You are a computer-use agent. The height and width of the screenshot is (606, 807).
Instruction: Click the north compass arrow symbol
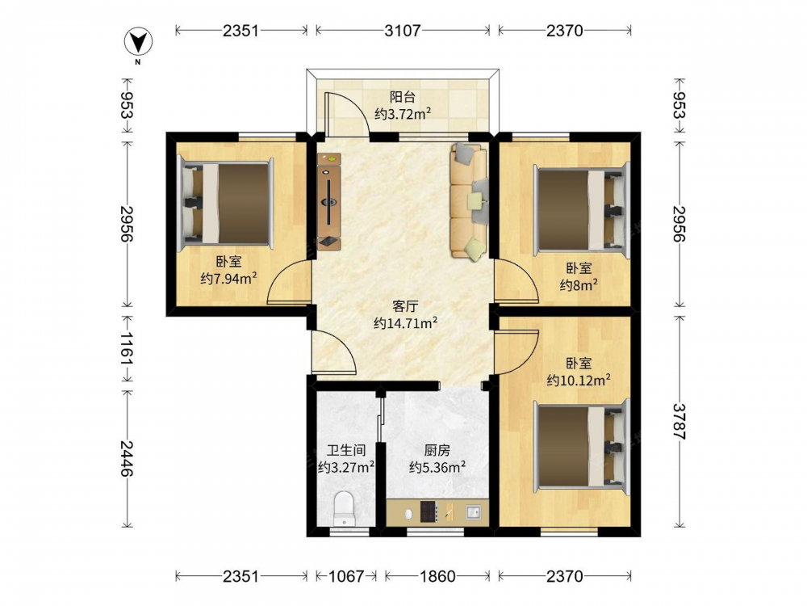pos(139,41)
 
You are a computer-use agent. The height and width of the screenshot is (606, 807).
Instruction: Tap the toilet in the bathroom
pos(343,508)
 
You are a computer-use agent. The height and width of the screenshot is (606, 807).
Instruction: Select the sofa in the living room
pos(468,200)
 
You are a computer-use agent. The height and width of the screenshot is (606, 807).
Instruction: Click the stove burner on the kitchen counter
pos(429,511)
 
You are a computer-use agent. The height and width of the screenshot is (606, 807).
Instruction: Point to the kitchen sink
pos(473,512)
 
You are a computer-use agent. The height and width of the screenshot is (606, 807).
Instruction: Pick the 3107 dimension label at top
pos(403,31)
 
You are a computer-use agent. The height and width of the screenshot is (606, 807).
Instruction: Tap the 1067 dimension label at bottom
pos(346,576)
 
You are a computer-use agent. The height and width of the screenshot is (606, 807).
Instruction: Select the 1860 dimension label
pos(437,576)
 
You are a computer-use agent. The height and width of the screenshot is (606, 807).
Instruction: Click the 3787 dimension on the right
pos(679,422)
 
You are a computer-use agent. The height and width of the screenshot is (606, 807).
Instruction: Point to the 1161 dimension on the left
pos(127,349)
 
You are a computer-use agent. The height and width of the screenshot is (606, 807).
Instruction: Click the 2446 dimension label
pos(127,458)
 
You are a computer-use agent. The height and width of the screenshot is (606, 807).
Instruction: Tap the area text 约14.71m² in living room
pos(406,323)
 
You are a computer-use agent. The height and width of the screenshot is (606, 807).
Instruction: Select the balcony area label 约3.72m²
pos(403,114)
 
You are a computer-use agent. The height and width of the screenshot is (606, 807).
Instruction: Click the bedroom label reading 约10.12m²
pos(579,381)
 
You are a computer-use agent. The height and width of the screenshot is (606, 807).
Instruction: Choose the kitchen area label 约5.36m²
pos(437,467)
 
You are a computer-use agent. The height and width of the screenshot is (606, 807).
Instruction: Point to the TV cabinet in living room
pos(328,201)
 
